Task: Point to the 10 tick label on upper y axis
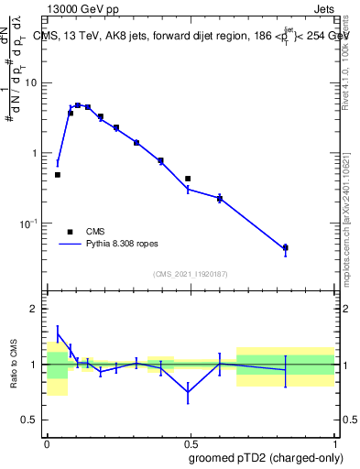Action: point(32,83)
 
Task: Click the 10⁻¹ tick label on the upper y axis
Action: point(30,224)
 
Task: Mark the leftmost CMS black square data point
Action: point(57,174)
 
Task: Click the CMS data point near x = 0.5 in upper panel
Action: point(188,179)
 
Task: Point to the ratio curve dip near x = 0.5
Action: point(188,392)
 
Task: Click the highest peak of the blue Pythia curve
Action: point(78,105)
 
